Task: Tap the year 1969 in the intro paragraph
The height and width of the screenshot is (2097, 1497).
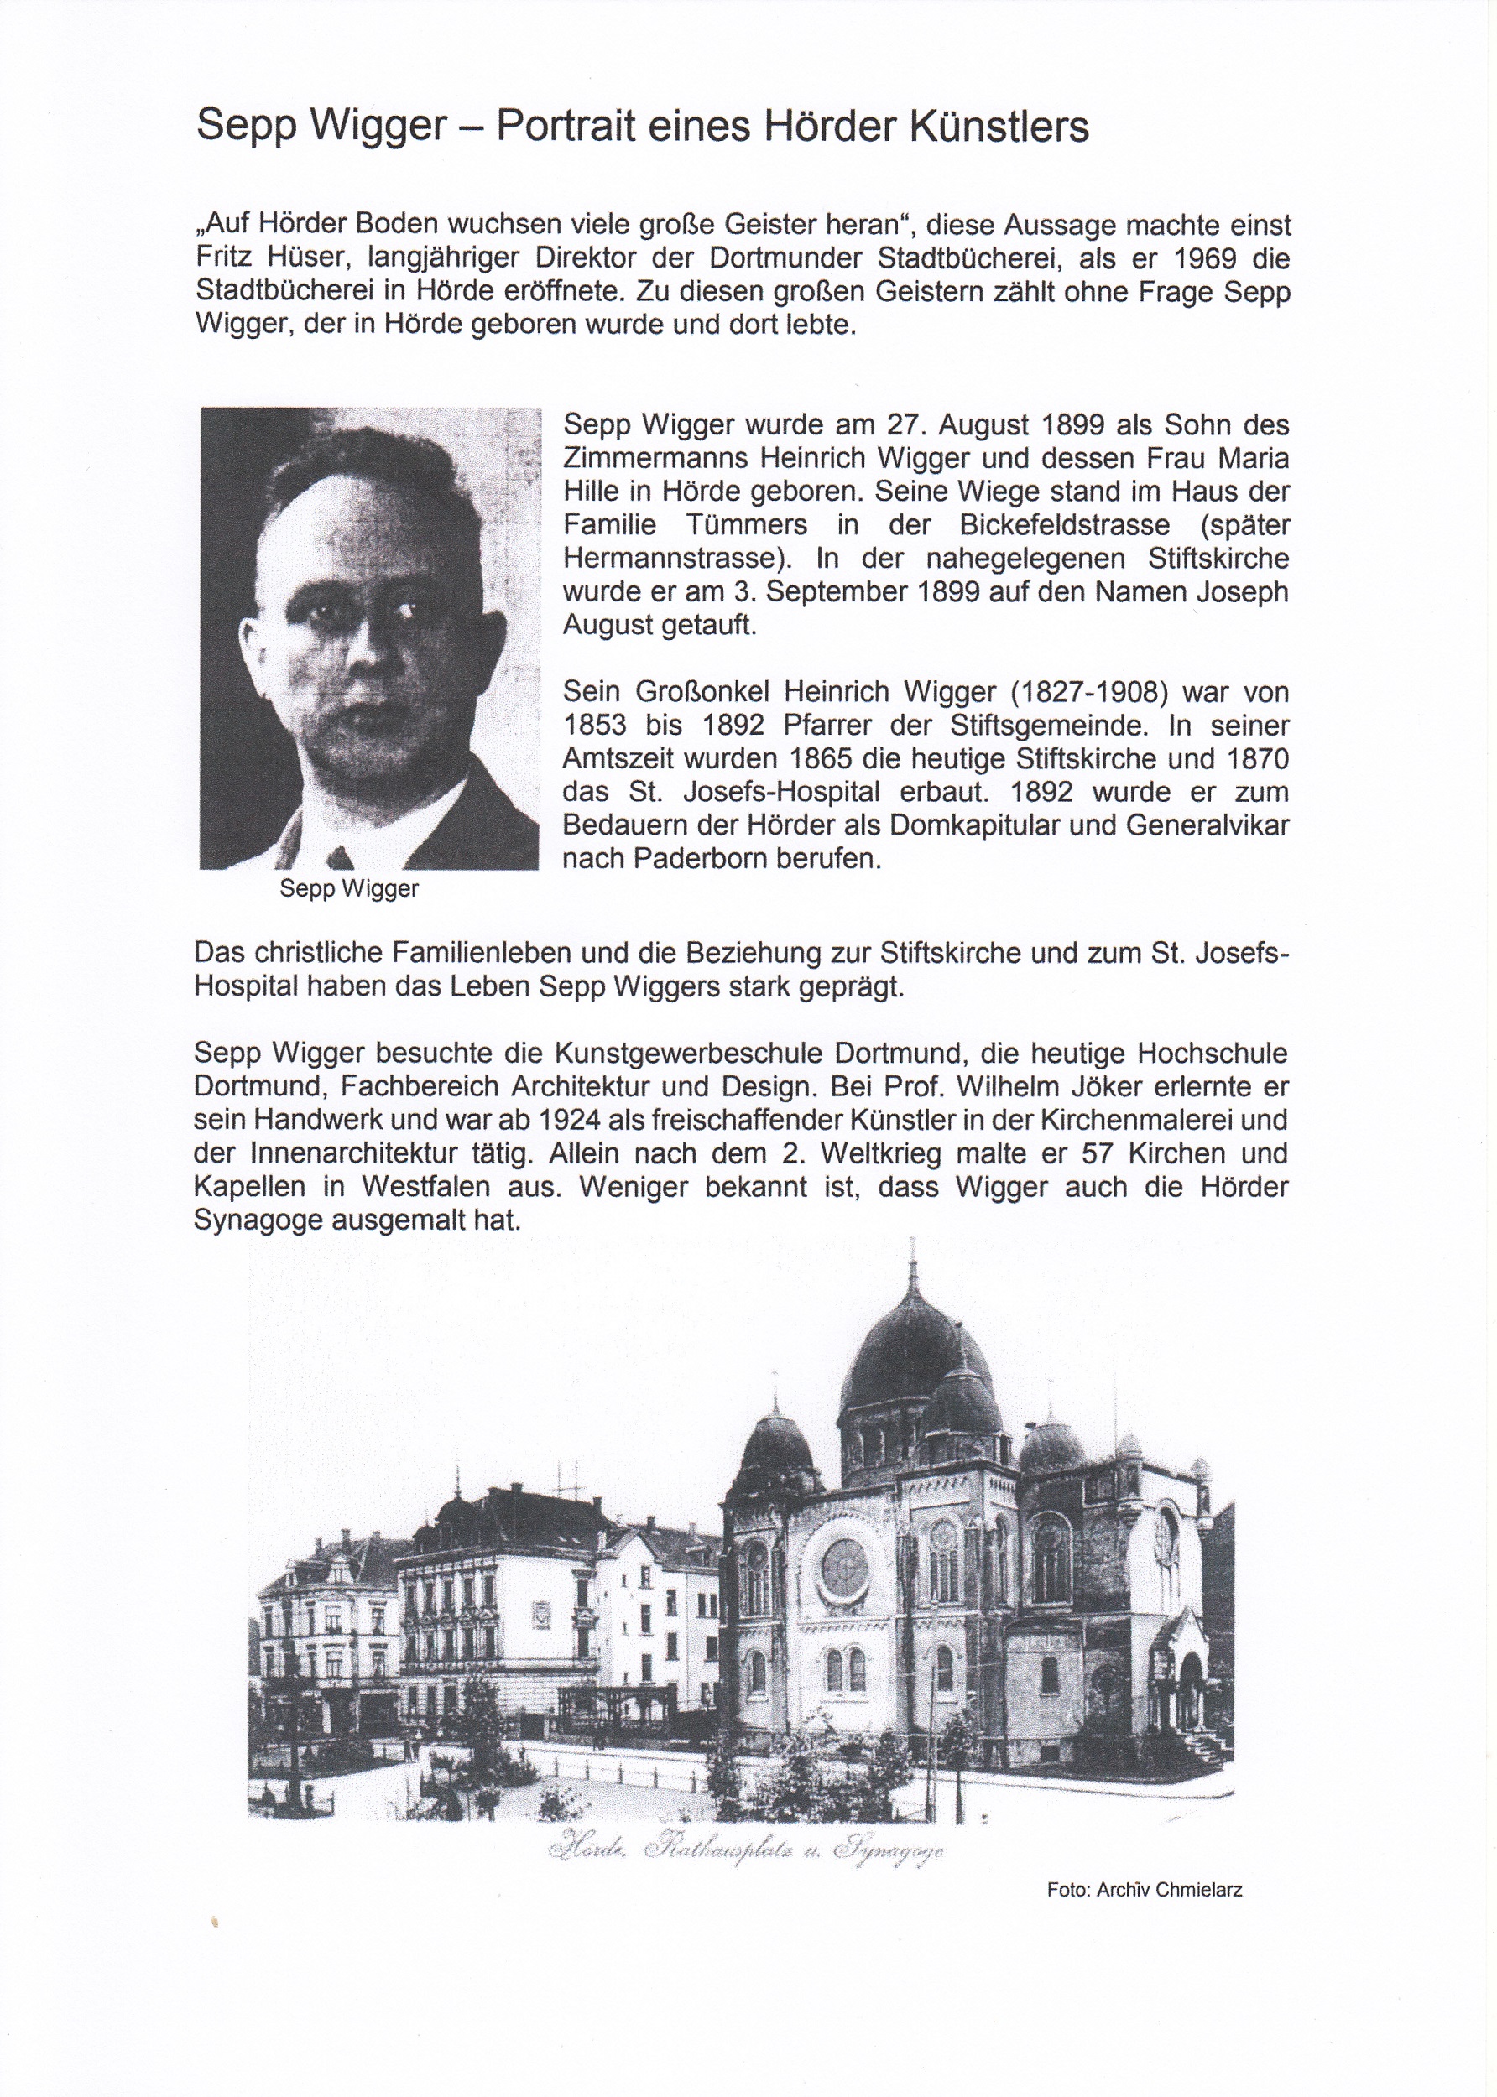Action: [x=1196, y=258]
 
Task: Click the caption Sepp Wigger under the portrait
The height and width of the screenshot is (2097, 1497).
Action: [x=349, y=889]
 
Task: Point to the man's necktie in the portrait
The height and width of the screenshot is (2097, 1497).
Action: [x=340, y=858]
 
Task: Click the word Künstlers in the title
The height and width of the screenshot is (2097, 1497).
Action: [x=999, y=126]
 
